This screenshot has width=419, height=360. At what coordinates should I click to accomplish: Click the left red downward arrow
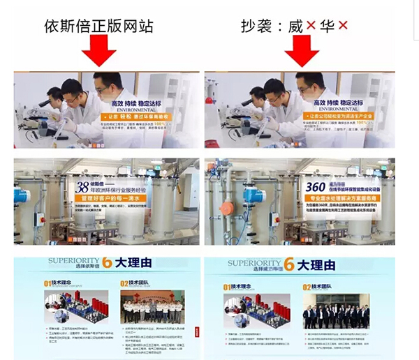[103, 48]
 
